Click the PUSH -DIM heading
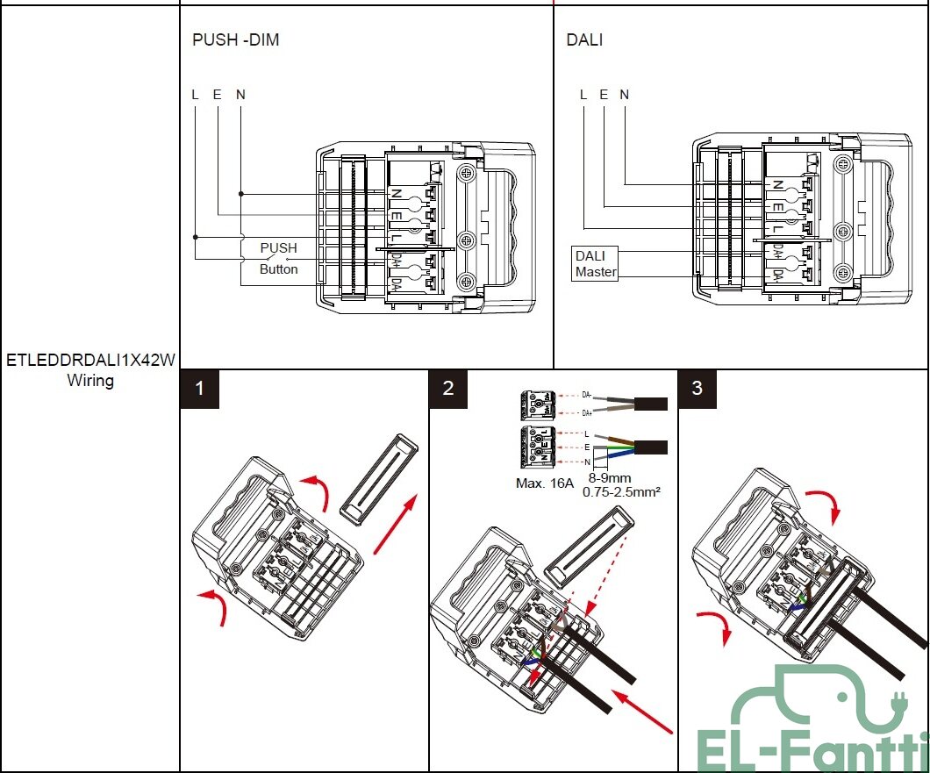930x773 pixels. [235, 39]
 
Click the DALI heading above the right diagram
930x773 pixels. [584, 39]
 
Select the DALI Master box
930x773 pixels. [596, 264]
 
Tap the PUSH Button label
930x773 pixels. [278, 259]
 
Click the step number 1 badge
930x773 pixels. [200, 389]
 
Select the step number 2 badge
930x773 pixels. [449, 389]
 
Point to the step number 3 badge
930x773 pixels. [697, 389]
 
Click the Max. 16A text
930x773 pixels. [544, 483]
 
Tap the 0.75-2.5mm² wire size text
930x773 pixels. [621, 492]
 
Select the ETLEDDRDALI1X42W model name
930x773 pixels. [91, 361]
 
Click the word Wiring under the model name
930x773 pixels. [90, 381]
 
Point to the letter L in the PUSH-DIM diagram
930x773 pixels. [195, 95]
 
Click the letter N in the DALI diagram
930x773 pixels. [624, 95]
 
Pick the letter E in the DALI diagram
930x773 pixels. [604, 95]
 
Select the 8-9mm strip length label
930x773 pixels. [608, 479]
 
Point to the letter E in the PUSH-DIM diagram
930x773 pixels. [218, 95]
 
